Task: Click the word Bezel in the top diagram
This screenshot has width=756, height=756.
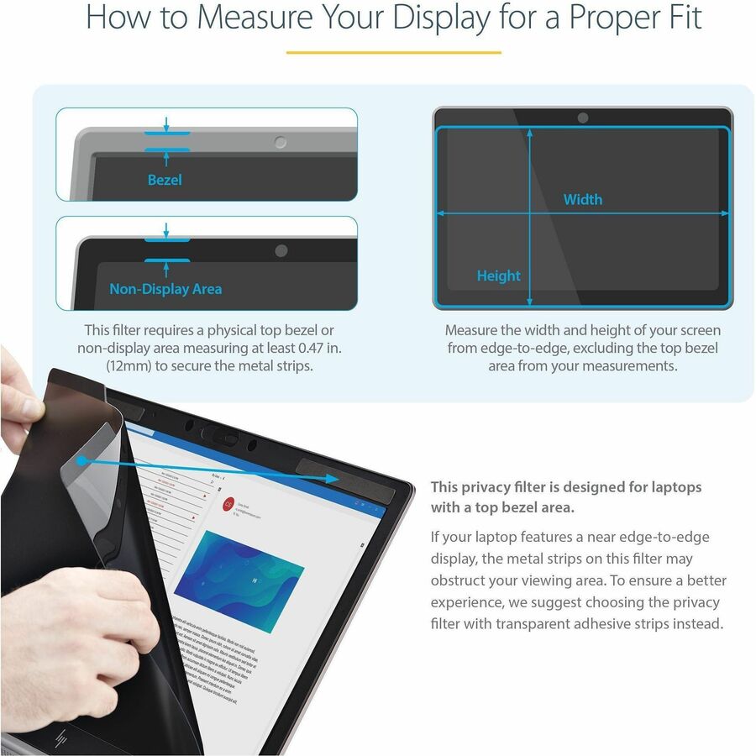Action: (165, 180)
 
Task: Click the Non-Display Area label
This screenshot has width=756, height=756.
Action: (165, 289)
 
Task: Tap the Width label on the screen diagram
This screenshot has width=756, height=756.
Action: (582, 199)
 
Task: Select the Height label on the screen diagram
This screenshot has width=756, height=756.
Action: (498, 276)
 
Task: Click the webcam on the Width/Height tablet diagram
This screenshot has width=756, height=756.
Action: (583, 118)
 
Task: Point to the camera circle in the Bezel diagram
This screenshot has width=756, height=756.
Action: (281, 143)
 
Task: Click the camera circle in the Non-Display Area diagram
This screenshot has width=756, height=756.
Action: (281, 251)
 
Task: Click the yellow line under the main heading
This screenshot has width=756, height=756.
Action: (393, 52)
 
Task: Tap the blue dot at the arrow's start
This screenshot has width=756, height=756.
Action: (80, 461)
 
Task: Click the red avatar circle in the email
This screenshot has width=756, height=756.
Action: (228, 503)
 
